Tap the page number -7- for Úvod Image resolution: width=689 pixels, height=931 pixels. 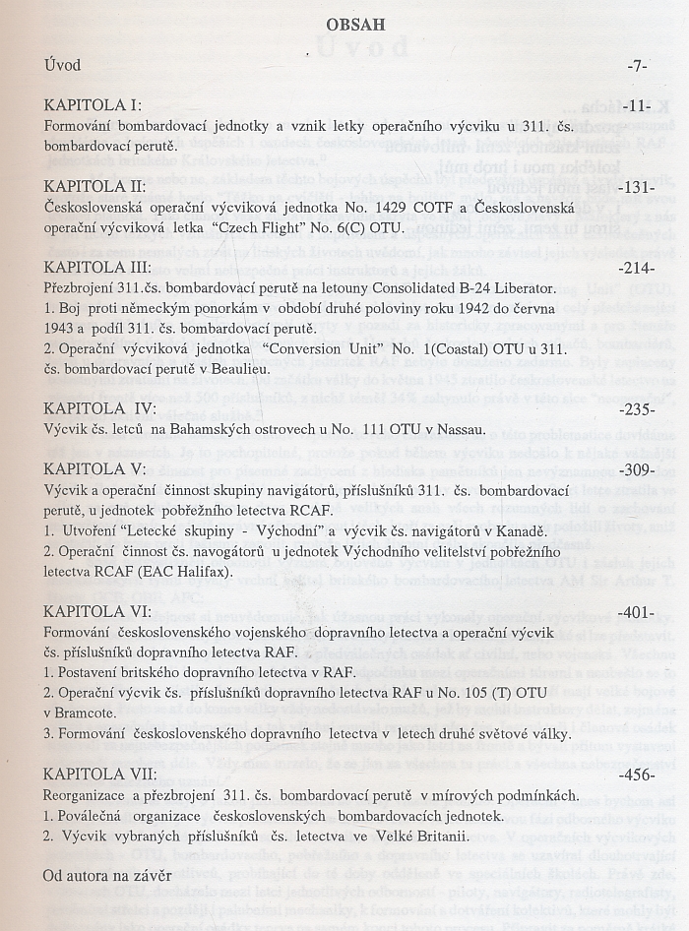tap(636, 66)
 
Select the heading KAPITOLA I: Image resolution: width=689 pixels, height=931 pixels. tap(94, 105)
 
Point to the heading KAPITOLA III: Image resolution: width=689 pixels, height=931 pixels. tap(97, 267)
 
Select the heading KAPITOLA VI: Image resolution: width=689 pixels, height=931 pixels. tap(97, 612)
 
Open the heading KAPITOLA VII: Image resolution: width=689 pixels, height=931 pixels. tap(101, 775)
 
